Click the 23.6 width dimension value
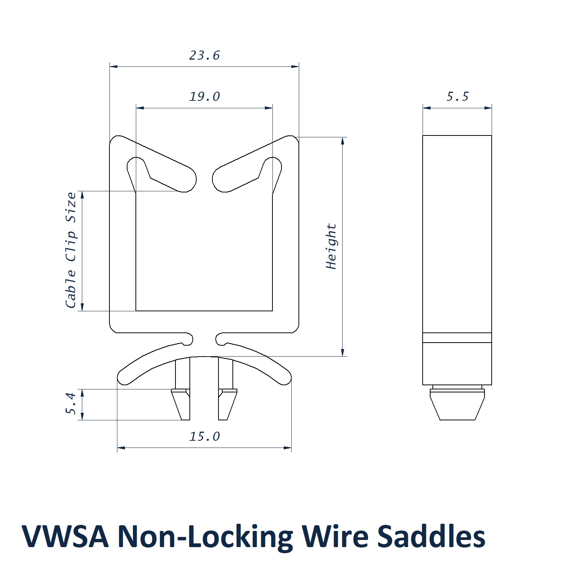coord(205,55)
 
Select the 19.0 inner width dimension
coord(205,97)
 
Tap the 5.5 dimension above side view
coord(457,97)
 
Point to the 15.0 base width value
coord(205,437)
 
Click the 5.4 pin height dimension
coord(71,404)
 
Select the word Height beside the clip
coord(331,246)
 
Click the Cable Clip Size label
coord(71,250)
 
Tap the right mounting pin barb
coord(227,405)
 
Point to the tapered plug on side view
coord(457,406)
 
